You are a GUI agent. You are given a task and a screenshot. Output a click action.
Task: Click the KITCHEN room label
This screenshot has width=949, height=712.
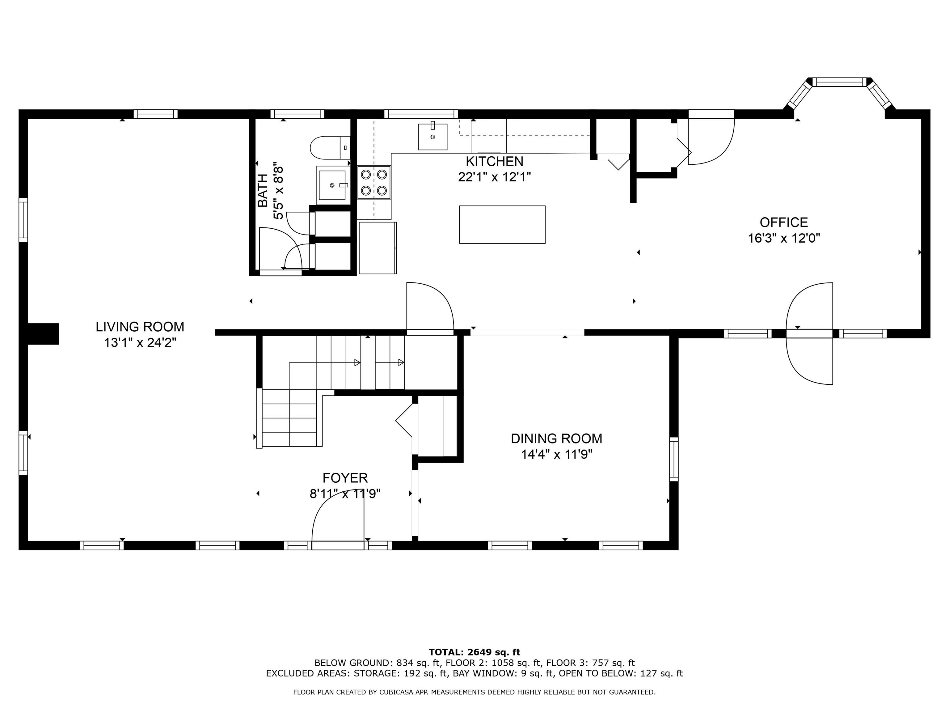[x=494, y=161]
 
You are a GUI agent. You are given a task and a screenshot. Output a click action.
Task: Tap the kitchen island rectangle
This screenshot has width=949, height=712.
[x=502, y=224]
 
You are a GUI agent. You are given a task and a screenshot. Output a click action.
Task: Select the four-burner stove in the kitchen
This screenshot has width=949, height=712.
[x=374, y=182]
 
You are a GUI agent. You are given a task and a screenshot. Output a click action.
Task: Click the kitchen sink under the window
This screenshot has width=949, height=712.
[x=432, y=137]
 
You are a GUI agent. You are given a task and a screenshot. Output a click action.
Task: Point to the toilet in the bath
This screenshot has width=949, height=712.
[x=330, y=147]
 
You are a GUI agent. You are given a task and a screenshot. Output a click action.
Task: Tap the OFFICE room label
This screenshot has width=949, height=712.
[x=783, y=222]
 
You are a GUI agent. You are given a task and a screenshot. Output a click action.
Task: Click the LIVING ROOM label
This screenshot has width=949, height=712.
[x=140, y=327]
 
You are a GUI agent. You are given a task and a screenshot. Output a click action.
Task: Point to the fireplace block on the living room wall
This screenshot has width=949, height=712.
[x=43, y=333]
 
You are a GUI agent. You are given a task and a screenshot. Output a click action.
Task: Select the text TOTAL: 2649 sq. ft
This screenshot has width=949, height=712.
[x=474, y=652]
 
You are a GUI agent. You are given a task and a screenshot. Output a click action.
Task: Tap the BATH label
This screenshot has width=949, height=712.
[x=263, y=191]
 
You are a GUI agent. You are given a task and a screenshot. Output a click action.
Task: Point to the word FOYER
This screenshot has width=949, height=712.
[x=345, y=478]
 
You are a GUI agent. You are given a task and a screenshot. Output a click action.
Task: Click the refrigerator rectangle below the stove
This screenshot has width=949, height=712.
[x=377, y=248]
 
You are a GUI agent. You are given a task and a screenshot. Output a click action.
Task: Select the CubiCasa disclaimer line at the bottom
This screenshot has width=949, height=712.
[x=474, y=692]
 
